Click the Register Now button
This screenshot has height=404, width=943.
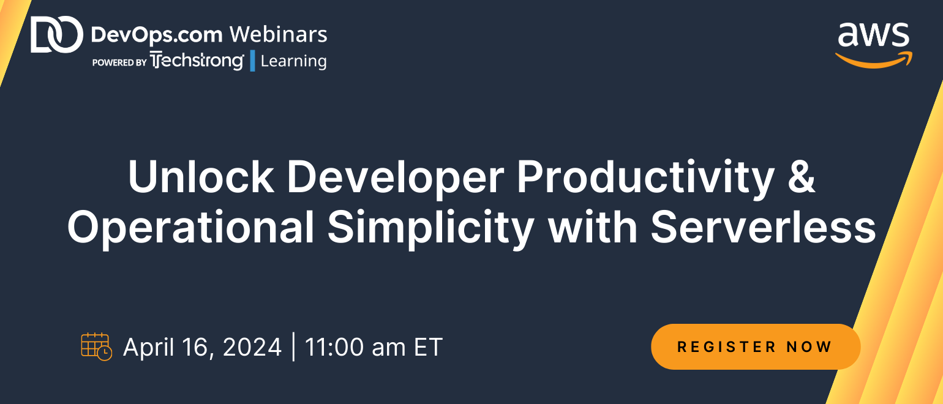pyautogui.click(x=756, y=346)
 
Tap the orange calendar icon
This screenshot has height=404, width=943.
pyautogui.click(x=96, y=346)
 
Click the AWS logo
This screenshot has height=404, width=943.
pyautogui.click(x=874, y=45)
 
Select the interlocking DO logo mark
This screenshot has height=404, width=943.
pyautogui.click(x=57, y=34)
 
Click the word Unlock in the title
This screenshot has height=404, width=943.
pyautogui.click(x=201, y=177)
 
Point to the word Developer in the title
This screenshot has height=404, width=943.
pyautogui.click(x=396, y=179)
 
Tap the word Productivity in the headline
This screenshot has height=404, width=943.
pyautogui.click(x=645, y=179)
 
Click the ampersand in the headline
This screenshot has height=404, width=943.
pyautogui.click(x=801, y=177)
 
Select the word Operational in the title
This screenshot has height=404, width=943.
pyautogui.click(x=190, y=230)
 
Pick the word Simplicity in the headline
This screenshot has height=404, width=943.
pyautogui.click(x=431, y=230)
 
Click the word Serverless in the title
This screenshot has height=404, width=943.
pyautogui.click(x=763, y=227)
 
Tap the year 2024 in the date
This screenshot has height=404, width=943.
pyautogui.click(x=252, y=347)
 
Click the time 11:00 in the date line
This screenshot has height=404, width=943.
pyautogui.click(x=334, y=347)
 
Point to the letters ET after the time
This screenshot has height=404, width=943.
pyautogui.click(x=427, y=347)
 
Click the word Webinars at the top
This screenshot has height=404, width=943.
pyautogui.click(x=278, y=34)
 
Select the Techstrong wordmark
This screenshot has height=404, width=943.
pyautogui.click(x=197, y=61)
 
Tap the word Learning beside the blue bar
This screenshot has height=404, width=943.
pyautogui.click(x=293, y=61)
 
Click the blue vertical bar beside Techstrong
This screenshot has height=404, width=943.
pyautogui.click(x=252, y=61)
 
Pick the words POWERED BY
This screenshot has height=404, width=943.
pyautogui.click(x=119, y=62)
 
